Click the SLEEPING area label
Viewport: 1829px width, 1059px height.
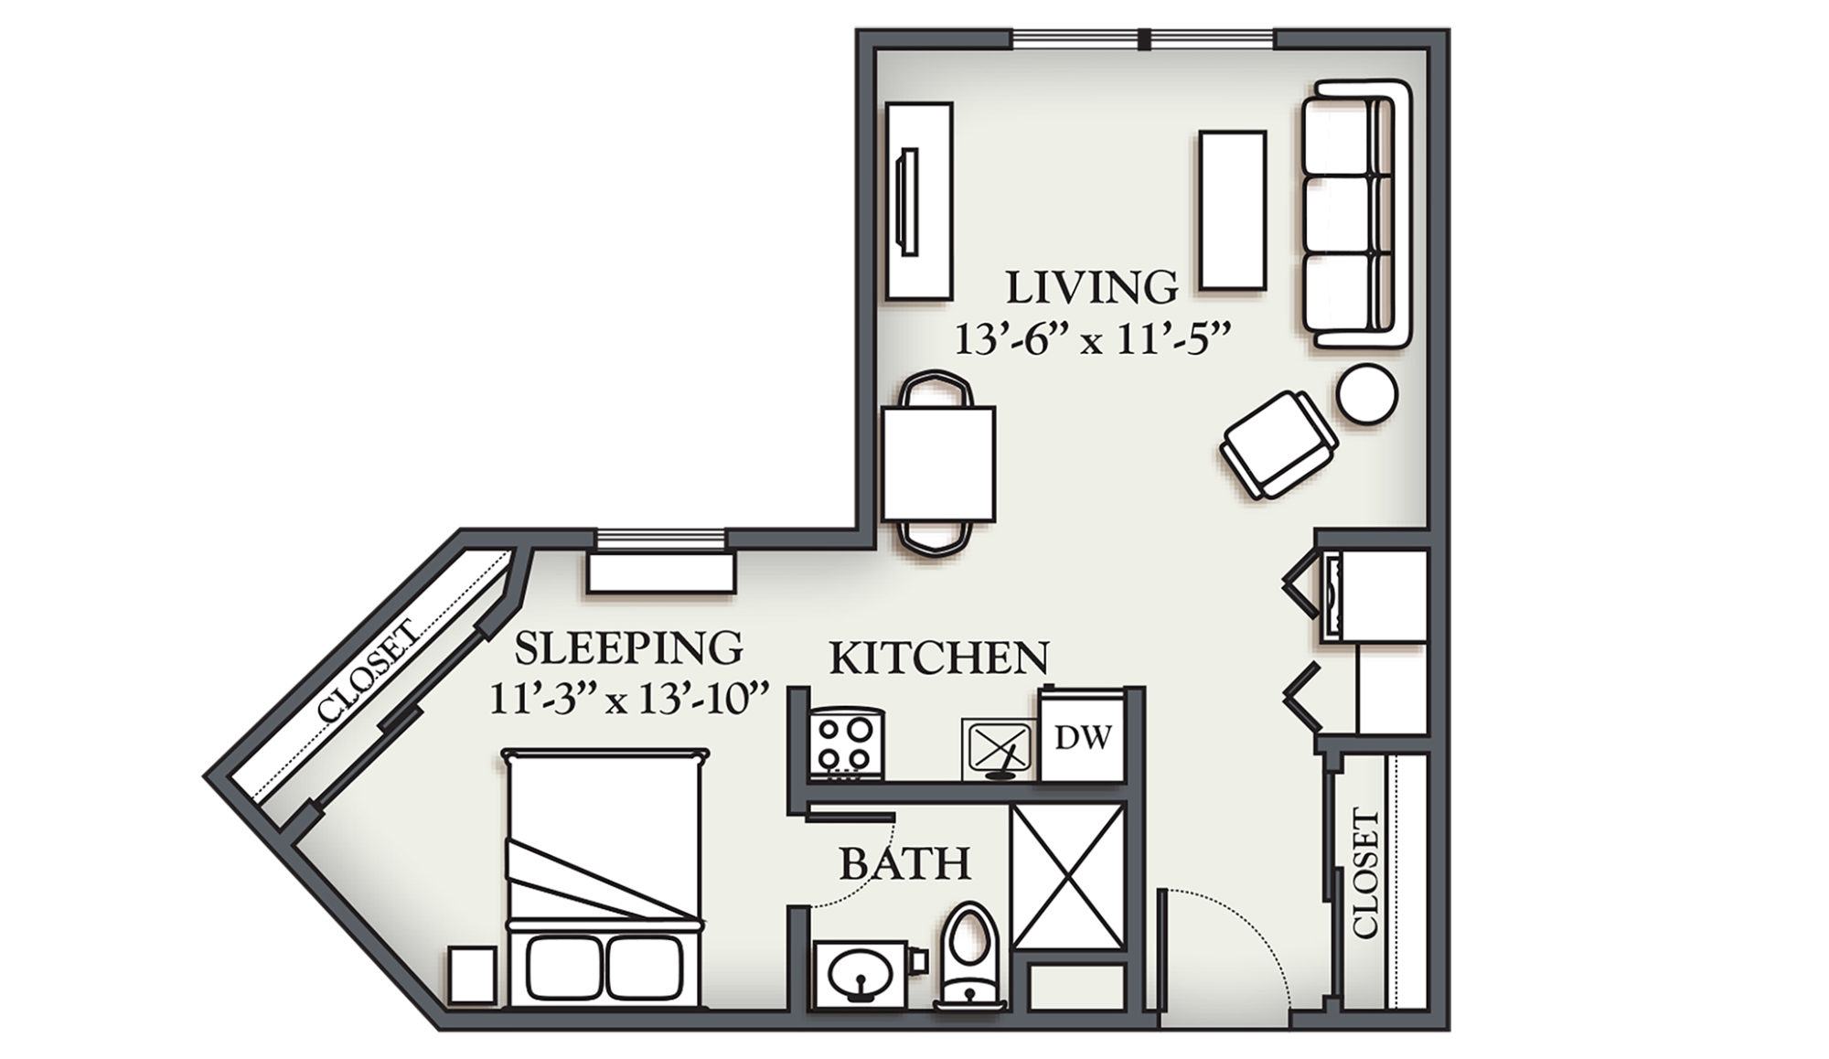pos(628,647)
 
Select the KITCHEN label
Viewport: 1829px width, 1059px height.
pos(938,658)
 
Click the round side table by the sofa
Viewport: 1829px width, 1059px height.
pos(1366,394)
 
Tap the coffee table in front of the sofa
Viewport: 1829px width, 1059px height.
pos(1233,210)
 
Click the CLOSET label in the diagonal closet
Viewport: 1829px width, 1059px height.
pos(368,669)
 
